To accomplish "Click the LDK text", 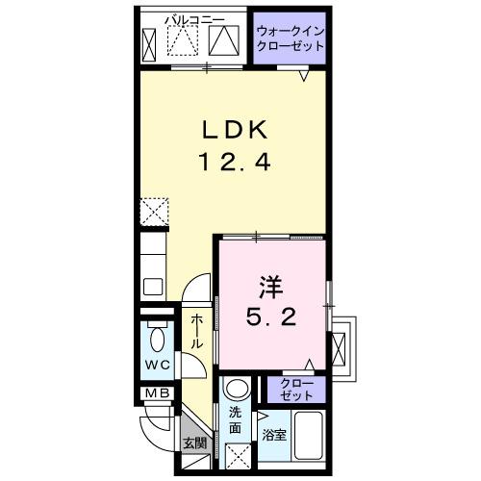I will click(229, 130).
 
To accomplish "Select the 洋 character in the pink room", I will click(271, 286).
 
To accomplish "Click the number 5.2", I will click(270, 316).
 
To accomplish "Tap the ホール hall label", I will click(196, 331).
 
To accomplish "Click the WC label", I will click(157, 367).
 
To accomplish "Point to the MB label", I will click(156, 394).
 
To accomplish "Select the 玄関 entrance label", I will click(194, 443).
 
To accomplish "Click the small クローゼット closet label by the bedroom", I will click(296, 390).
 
